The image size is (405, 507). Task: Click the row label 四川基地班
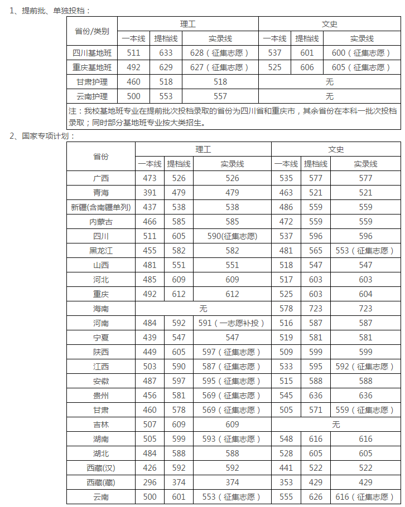click(x=92, y=53)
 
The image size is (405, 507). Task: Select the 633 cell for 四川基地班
click(x=166, y=53)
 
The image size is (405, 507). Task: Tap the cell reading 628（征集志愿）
click(x=220, y=53)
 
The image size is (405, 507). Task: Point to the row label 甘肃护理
click(x=92, y=82)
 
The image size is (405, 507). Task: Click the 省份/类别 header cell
click(x=92, y=31)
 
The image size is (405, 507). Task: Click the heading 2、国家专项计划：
click(x=42, y=135)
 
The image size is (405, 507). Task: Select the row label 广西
click(x=101, y=178)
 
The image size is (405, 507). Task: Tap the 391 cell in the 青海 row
click(x=150, y=193)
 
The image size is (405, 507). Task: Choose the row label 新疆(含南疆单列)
click(x=101, y=207)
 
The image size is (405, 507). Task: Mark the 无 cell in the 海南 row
click(x=203, y=308)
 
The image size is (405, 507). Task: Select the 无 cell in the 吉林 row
click(x=336, y=425)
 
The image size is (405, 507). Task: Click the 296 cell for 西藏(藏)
click(x=150, y=482)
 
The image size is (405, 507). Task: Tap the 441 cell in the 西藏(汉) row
click(x=286, y=468)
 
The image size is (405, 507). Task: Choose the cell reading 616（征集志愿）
click(x=365, y=497)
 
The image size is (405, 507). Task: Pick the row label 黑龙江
click(x=101, y=251)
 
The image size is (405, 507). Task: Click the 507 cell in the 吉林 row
click(x=150, y=425)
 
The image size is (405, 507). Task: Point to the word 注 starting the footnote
click(x=72, y=110)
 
